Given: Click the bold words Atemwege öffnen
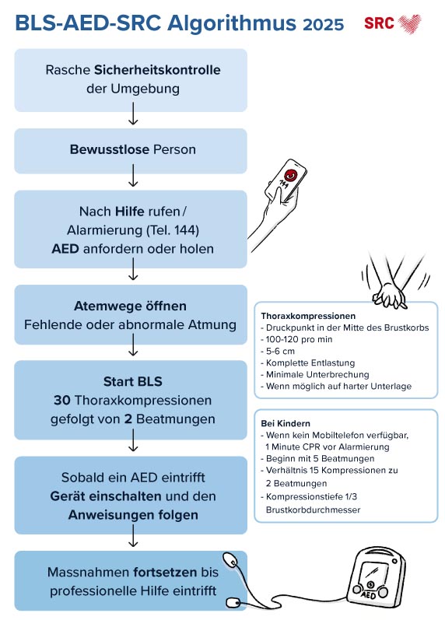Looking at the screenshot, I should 130,306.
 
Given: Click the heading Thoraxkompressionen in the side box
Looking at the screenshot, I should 309,317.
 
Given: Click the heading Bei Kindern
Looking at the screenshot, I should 286,422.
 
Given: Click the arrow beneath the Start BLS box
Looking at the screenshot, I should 131,444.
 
